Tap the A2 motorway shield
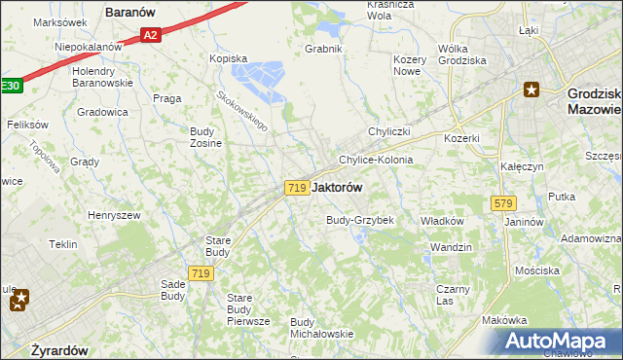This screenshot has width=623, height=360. tap(149, 36)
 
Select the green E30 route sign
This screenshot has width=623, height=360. tap(9, 87)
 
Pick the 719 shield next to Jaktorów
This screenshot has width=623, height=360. tap(298, 187)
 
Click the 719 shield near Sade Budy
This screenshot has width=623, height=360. tap(202, 274)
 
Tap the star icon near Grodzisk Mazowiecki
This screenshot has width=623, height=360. tap(531, 90)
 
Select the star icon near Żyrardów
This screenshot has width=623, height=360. tap(19, 302)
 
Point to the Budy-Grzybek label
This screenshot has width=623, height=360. tap(359, 220)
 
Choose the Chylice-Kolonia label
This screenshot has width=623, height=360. tap(375, 160)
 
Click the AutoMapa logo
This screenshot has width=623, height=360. tap(556, 342)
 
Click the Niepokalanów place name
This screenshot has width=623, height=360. tap(88, 46)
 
